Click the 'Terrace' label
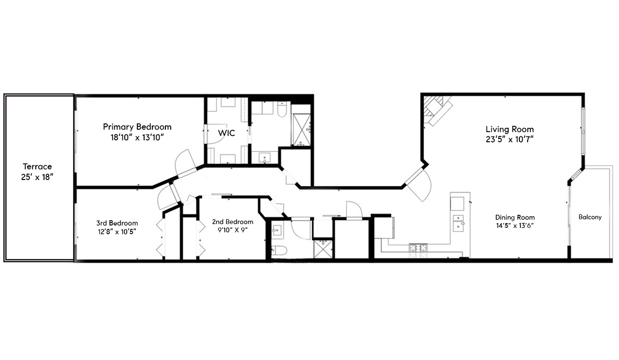[37, 166]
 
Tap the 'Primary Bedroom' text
[137, 127]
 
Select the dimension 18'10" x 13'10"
[137, 137]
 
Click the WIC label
[226, 133]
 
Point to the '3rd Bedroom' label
[117, 223]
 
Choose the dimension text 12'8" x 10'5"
[117, 231]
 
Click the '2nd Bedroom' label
[233, 222]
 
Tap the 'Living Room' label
[510, 129]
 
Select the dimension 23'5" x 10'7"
[510, 139]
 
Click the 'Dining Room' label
[515, 217]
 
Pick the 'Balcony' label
[590, 217]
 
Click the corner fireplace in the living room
[437, 109]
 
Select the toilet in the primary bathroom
[282, 110]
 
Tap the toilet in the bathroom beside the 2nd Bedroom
[280, 250]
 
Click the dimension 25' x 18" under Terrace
[37, 177]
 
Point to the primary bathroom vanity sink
[265, 157]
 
